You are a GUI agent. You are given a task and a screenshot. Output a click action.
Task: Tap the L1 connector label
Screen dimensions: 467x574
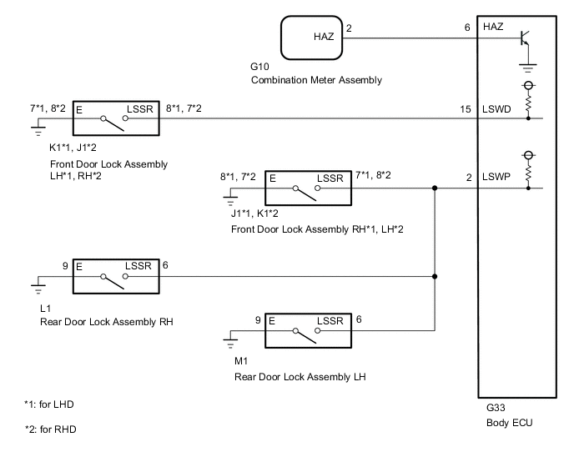click(45, 308)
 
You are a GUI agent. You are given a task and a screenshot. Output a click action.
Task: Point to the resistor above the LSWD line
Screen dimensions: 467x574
click(528, 103)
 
